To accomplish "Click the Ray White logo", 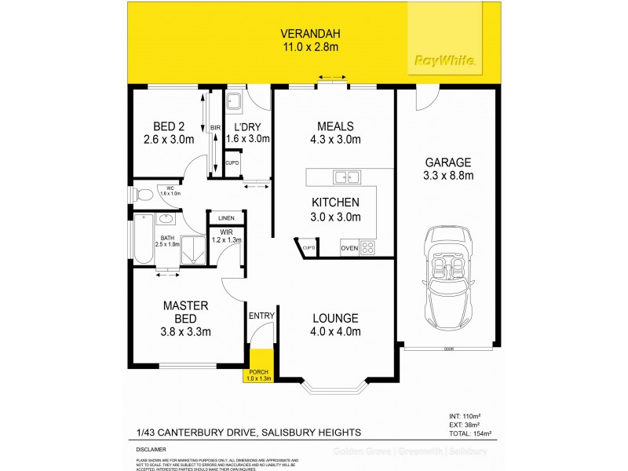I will [x=444, y=60].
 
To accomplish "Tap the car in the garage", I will [x=447, y=279].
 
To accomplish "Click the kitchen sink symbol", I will [x=345, y=176].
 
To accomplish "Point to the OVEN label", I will [x=349, y=249].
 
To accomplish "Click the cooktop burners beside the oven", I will [x=368, y=248].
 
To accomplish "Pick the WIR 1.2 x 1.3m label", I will [x=225, y=235].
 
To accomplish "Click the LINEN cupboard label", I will [x=226, y=217].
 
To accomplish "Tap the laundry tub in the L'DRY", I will [x=235, y=101].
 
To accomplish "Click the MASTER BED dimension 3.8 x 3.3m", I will [x=184, y=330].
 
